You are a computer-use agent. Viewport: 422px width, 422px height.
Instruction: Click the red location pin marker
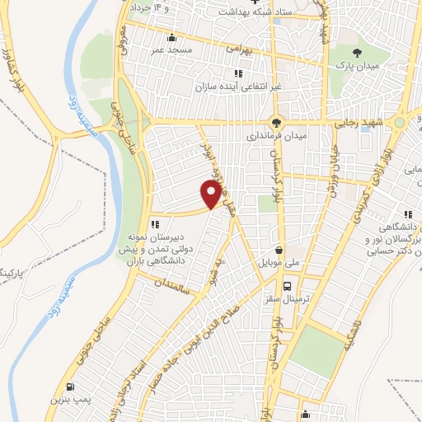(212, 194)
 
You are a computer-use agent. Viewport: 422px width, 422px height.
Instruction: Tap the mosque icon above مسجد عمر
(171, 37)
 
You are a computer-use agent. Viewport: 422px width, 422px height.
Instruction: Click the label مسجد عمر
(171, 50)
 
